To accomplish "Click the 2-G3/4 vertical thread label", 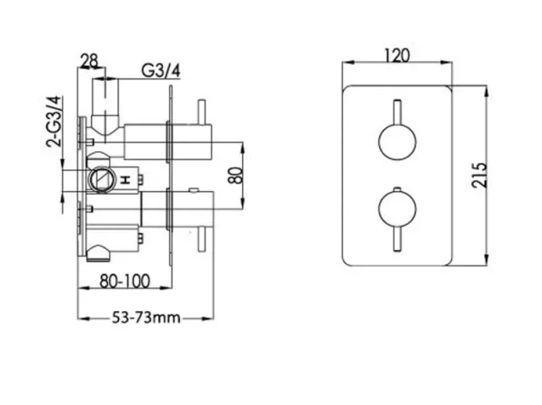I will pyautogui.click(x=53, y=122).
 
